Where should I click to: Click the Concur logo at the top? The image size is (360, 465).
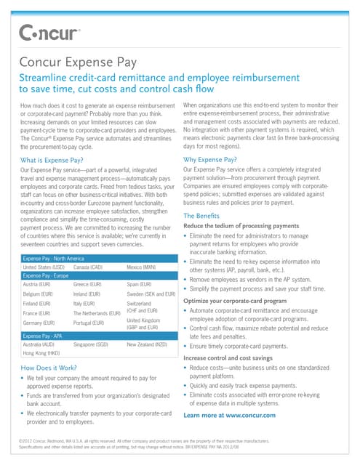pyautogui.click(x=49, y=33)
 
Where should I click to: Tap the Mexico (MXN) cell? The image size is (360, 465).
pyautogui.click(x=143, y=267)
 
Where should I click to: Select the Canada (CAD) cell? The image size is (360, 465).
pyautogui.click(x=91, y=267)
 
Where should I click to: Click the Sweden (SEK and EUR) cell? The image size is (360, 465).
pyautogui.click(x=151, y=294)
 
